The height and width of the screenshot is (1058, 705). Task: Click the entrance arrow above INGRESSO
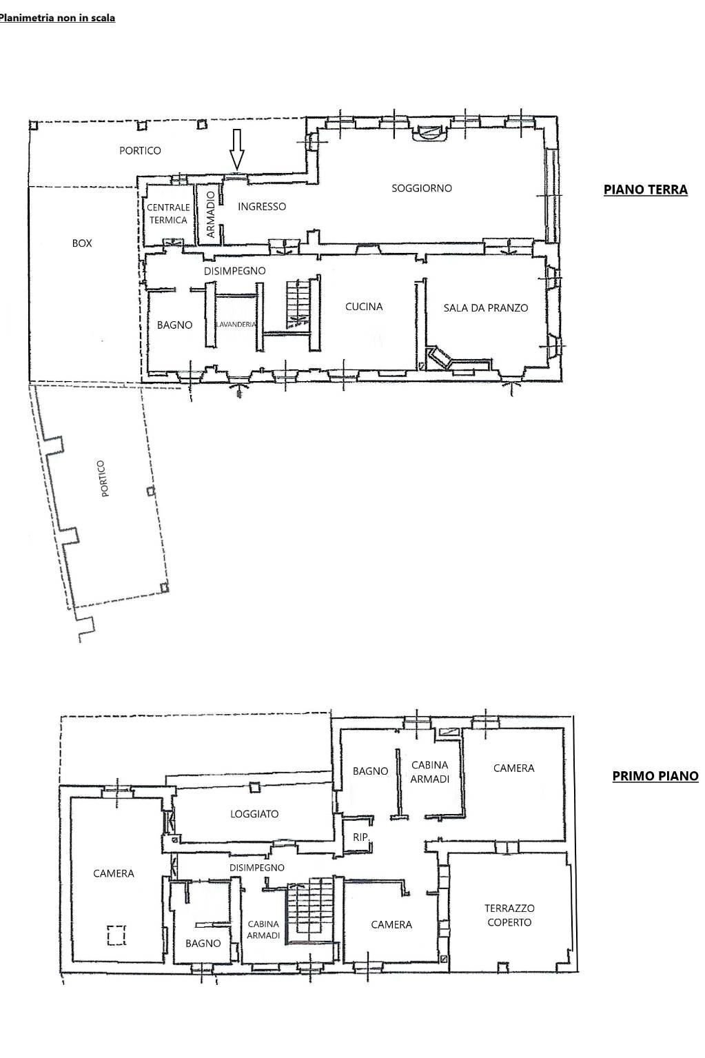[236, 150]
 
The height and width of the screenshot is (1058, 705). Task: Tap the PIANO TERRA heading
[645, 190]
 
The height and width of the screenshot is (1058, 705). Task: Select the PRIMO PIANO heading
[655, 776]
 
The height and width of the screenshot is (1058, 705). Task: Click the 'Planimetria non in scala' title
[57, 19]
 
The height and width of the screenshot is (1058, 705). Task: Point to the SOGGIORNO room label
[422, 188]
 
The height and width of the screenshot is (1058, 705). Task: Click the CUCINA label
[364, 307]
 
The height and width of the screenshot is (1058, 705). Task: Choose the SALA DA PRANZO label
[485, 308]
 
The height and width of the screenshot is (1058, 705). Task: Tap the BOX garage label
[82, 243]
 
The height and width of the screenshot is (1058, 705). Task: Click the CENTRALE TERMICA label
[168, 214]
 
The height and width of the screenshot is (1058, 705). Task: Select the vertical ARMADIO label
[211, 214]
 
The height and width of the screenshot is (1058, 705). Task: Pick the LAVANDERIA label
[236, 325]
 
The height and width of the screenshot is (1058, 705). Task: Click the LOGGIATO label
[254, 814]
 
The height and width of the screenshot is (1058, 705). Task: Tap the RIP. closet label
[360, 837]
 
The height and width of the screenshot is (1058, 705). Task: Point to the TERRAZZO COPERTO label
[509, 915]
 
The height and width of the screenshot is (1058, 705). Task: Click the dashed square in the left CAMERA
[116, 935]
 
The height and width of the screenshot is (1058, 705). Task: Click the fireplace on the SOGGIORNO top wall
[429, 132]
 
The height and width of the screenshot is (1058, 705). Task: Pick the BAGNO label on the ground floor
[175, 325]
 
